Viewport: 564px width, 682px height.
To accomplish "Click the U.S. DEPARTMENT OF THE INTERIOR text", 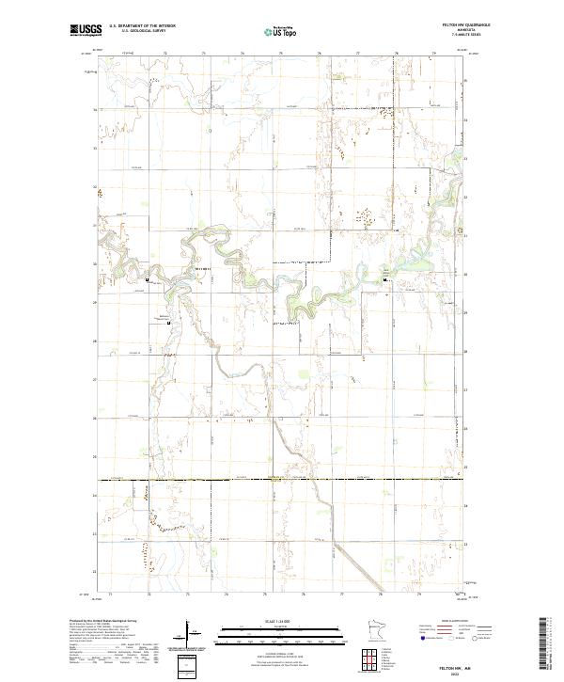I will tap(142, 25).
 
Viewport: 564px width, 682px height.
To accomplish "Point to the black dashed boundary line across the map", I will tap(282, 479).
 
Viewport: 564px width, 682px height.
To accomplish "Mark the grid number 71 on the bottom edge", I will tap(110, 595).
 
